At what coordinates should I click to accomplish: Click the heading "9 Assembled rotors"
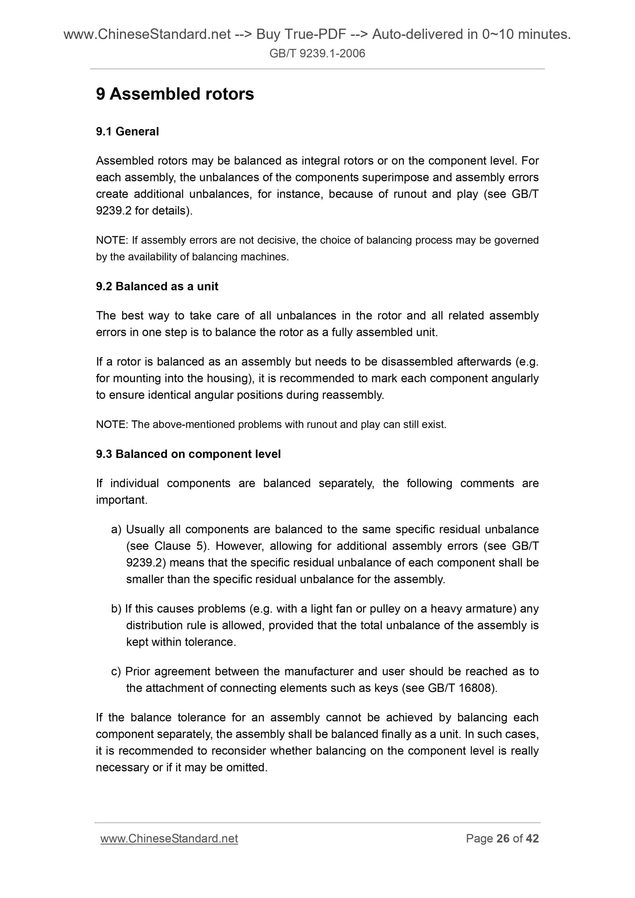pos(175,94)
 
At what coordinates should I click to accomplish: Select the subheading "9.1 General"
pos(127,131)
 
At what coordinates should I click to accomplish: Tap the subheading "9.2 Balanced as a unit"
pos(157,286)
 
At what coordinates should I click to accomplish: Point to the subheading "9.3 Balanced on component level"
pos(188,454)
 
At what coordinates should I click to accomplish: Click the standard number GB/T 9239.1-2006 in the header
pos(317,54)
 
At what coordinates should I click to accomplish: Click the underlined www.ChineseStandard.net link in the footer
pos(169,839)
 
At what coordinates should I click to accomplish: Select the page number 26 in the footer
pos(503,839)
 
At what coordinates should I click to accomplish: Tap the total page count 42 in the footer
pos(532,839)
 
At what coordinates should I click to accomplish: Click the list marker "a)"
pos(116,529)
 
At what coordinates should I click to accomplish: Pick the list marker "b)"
pos(116,609)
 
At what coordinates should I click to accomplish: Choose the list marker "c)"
pos(116,671)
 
